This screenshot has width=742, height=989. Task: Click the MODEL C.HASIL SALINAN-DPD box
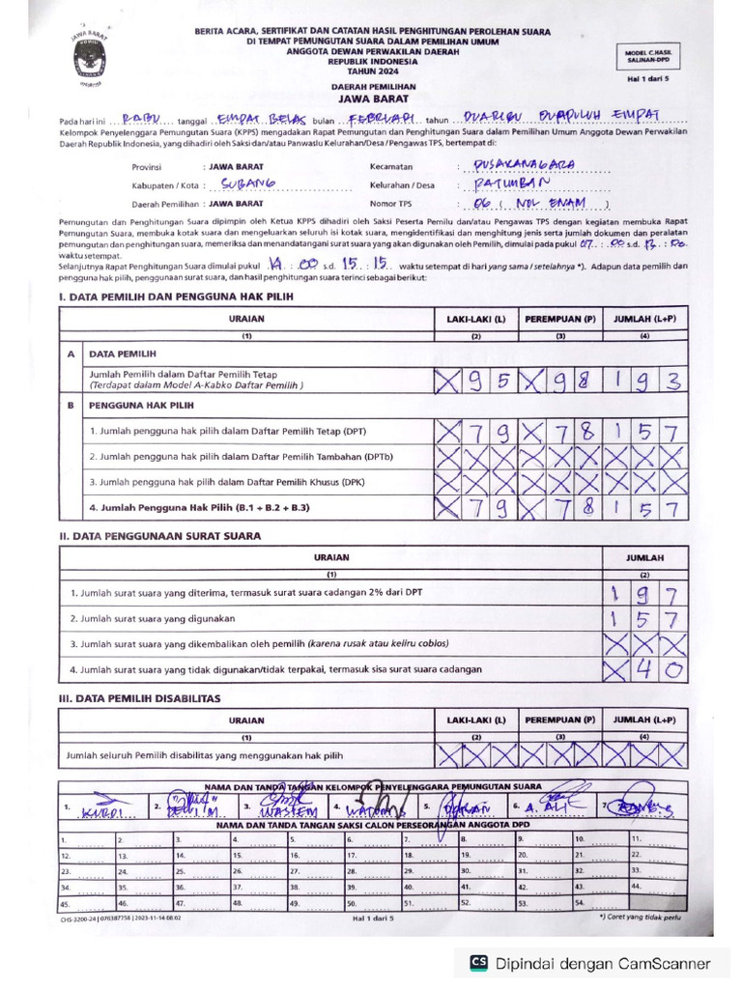pos(654,55)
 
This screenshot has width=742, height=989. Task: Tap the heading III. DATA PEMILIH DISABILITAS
pos(140,697)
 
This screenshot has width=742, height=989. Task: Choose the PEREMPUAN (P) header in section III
pos(560,721)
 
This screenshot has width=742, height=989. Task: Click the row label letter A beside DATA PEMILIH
pos(71,354)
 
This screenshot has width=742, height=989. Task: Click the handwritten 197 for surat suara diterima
pos(643,592)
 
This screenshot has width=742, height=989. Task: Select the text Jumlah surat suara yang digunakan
pos(154,617)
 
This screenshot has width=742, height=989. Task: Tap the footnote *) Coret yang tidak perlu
pos(640,918)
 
